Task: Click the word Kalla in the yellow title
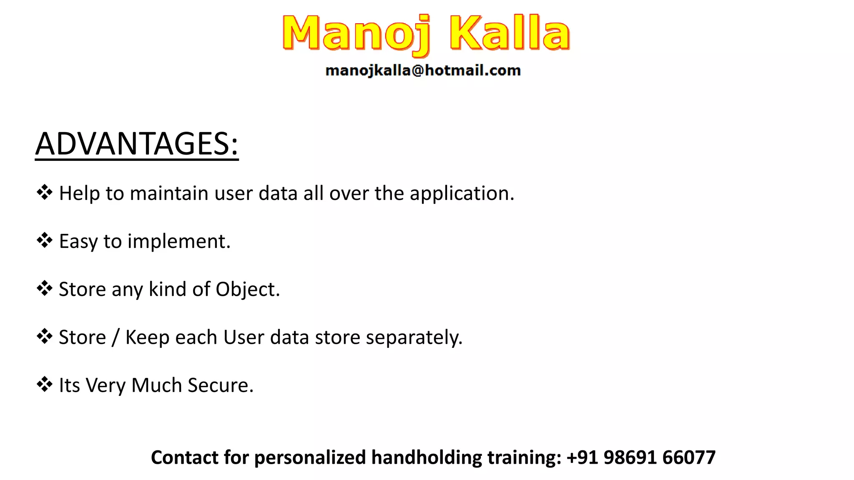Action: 510,33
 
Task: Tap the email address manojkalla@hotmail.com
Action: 423,70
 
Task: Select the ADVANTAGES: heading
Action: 137,144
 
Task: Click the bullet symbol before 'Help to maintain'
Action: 45,192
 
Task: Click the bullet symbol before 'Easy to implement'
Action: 45,240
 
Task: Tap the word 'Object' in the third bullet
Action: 247,290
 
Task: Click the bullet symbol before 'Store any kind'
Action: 45,288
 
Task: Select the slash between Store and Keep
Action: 116,337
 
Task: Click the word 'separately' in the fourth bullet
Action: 413,337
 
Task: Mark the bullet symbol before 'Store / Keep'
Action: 45,336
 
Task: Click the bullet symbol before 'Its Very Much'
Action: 45,384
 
